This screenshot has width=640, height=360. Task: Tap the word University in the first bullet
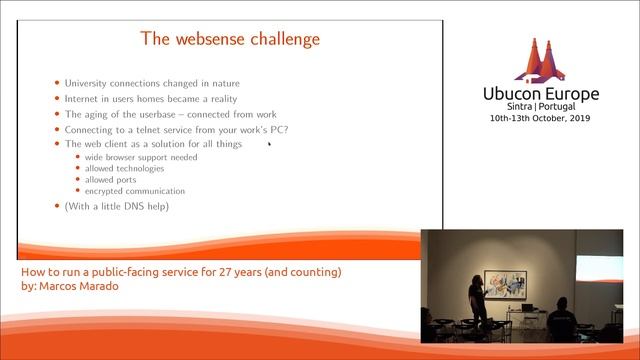coord(90,83)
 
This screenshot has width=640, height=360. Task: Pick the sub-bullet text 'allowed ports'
coord(111,180)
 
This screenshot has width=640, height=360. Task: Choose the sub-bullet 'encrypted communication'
coord(134,191)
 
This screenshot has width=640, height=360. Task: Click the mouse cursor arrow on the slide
coord(269,144)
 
